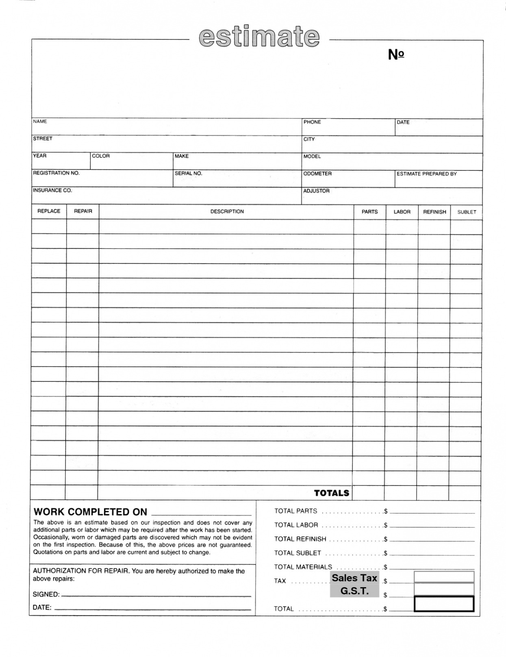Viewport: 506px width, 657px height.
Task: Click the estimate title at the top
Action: [259, 37]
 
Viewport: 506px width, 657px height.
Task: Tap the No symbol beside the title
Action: [396, 54]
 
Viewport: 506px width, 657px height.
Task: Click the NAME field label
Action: [40, 122]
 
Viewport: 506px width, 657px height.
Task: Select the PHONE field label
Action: [312, 122]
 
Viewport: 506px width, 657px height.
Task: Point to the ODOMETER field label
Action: [317, 174]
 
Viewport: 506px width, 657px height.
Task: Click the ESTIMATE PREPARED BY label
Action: [426, 174]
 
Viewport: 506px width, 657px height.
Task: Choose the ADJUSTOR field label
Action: [316, 191]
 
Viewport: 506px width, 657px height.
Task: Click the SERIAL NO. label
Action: [188, 173]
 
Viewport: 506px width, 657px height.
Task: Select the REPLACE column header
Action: [49, 211]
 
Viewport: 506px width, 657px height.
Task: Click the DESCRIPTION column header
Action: [227, 212]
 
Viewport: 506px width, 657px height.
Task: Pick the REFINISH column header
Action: [434, 212]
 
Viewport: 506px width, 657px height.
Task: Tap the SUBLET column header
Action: [467, 212]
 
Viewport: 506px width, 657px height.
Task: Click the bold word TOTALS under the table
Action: [332, 493]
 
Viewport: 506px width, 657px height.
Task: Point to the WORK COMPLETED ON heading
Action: [90, 512]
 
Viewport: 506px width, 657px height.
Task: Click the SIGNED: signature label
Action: [46, 594]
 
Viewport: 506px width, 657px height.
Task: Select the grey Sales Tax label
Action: [354, 578]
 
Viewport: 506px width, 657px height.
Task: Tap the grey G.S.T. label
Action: [354, 591]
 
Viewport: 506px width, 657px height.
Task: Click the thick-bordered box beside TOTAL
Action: [444, 604]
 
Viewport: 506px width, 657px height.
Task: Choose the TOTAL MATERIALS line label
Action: [303, 567]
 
